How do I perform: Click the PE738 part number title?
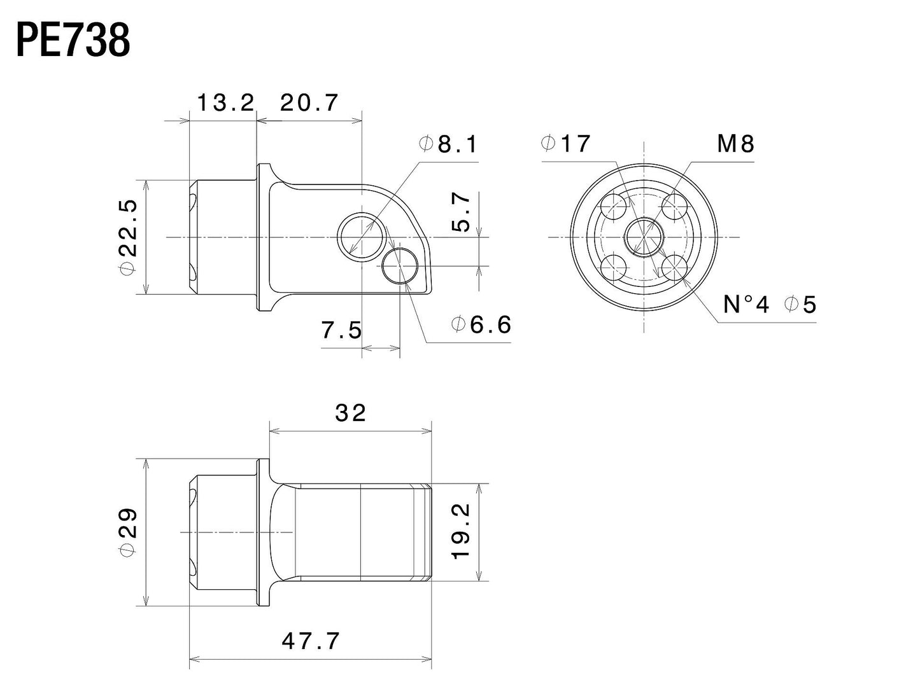pos(73,41)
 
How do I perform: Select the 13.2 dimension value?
pos(225,102)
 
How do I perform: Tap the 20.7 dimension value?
pos(309,102)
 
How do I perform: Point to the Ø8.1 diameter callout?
pos(449,144)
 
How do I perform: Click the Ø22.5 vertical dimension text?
pos(128,237)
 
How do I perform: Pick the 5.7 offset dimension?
pos(463,213)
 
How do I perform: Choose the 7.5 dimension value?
pos(341,330)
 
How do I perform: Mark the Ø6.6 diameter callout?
pos(481,325)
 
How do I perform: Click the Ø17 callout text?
pos(566,144)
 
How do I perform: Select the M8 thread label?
pos(735,144)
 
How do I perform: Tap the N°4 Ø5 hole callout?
pos(769,305)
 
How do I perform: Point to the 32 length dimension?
pos(351,413)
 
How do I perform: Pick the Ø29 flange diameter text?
pos(128,532)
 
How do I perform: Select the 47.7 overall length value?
pos(311,641)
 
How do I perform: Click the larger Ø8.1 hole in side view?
pos(362,237)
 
